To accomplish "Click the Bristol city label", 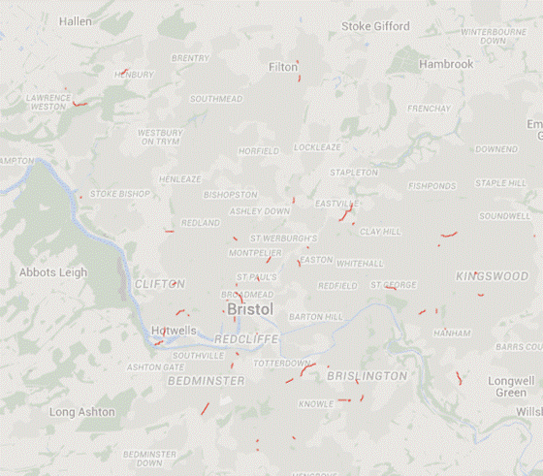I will pos(249,309).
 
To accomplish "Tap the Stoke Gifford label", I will pos(375,26).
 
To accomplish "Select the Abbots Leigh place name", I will pos(52,273).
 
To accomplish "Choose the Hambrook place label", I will pos(446,65).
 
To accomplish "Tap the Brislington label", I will pos(367,375).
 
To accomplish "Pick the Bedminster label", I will pos(207,381).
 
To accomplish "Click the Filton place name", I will pos(283,68).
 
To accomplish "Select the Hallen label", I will pos(76,21).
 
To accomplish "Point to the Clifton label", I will pos(159,284).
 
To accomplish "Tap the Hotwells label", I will pos(175,331).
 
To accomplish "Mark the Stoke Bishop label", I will pos(120,194).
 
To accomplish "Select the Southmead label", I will pos(215,99).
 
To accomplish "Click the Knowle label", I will pos(315,403).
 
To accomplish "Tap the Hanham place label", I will pos(452,333).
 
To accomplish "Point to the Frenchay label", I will pos(429,109).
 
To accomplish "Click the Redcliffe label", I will pos(246,338).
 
